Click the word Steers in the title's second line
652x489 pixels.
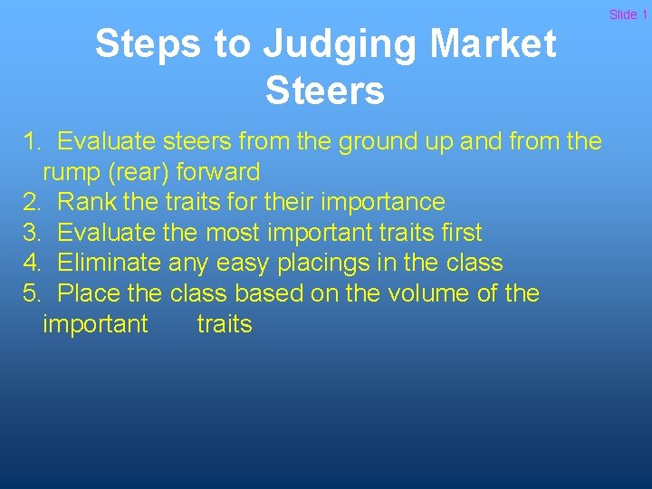[325, 91]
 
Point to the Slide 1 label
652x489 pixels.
[628, 14]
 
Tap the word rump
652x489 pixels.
[72, 172]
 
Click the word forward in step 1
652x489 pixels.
[219, 172]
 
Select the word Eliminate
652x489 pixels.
[110, 263]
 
